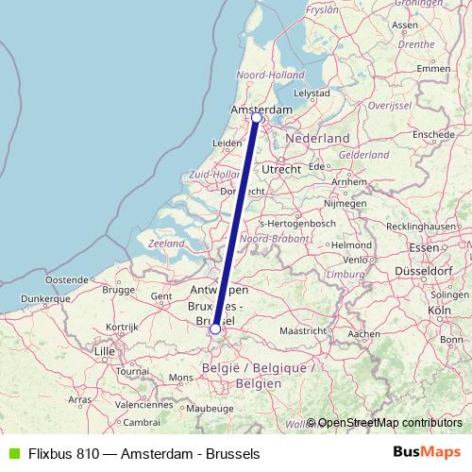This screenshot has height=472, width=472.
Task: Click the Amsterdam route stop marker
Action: pyautogui.click(x=256, y=117)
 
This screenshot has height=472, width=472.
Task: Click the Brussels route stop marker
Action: pyautogui.click(x=215, y=329)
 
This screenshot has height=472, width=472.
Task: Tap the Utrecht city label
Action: pyautogui.click(x=281, y=169)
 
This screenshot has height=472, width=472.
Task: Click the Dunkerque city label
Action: pyautogui.click(x=38, y=299)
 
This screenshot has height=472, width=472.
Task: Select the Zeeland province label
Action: pyautogui.click(x=167, y=244)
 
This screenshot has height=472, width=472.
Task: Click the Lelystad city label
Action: pyautogui.click(x=312, y=93)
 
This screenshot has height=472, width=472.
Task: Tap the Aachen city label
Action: pyautogui.click(x=362, y=333)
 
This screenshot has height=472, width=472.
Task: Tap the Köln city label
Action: pyautogui.click(x=438, y=310)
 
